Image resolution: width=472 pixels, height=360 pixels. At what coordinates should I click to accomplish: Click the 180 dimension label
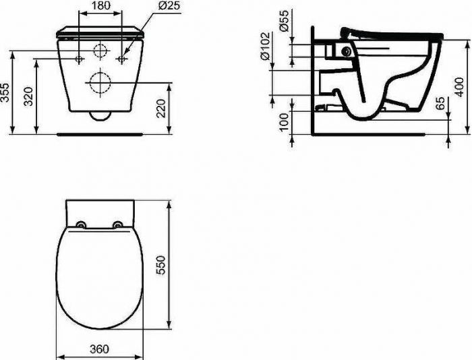(100, 5)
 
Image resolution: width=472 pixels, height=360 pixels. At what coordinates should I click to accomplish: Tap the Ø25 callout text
(168, 5)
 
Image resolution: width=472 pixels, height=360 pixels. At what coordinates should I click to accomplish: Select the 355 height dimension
(5, 92)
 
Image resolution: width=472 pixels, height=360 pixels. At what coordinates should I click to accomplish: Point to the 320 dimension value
(28, 96)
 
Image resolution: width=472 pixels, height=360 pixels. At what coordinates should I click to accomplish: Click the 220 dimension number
(161, 108)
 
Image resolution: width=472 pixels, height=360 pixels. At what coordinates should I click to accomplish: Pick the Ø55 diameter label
(284, 20)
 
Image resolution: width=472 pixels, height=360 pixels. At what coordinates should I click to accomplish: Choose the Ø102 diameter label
(265, 46)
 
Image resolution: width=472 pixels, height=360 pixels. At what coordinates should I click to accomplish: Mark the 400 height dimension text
(459, 87)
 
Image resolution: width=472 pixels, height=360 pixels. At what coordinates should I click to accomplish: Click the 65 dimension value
(440, 103)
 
